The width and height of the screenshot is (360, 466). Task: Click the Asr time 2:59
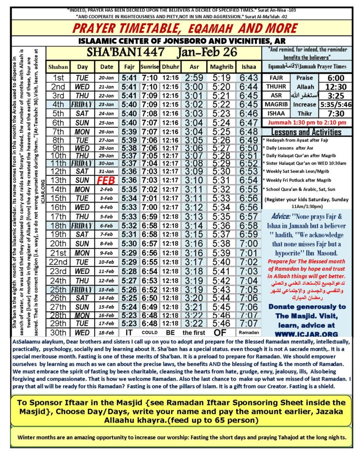click(x=194, y=78)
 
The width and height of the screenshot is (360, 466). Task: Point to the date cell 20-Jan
click(x=105, y=78)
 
